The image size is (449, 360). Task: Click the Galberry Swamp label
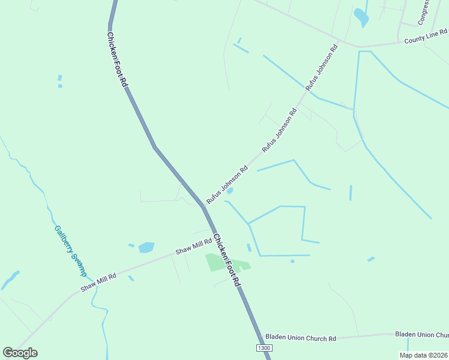(71, 250)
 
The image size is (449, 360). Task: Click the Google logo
(20, 353)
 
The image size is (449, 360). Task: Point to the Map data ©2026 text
(423, 355)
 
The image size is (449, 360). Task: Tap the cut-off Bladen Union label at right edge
(421, 335)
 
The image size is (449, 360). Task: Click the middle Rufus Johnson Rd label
(280, 129)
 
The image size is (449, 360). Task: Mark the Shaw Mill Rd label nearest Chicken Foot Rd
(193, 247)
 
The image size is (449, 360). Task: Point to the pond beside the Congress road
(361, 17)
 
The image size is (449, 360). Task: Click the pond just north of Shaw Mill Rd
(146, 247)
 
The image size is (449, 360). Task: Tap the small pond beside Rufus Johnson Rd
(230, 191)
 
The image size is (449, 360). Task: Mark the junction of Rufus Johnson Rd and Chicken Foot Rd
(203, 206)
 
